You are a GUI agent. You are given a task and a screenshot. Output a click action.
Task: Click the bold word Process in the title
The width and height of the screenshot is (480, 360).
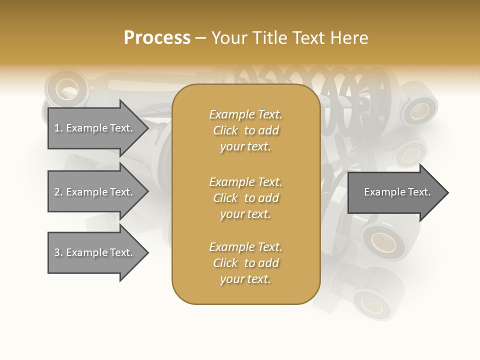(157, 37)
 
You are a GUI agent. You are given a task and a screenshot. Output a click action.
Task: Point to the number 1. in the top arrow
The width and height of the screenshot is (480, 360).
(58, 128)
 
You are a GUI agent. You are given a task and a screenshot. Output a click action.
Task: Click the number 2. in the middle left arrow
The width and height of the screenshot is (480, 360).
(58, 192)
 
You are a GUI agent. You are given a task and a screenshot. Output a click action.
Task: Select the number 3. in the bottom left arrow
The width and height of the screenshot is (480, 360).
(58, 252)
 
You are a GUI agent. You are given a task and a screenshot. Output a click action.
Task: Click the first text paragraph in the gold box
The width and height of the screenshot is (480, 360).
(245, 130)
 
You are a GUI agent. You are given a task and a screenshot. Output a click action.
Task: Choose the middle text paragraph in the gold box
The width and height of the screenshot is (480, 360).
(245, 197)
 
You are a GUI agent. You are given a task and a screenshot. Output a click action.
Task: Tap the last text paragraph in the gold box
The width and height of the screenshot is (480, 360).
(245, 263)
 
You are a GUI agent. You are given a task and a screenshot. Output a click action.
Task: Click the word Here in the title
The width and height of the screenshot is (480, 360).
(349, 37)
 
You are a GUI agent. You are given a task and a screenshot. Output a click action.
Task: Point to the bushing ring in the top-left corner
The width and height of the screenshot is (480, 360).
(67, 90)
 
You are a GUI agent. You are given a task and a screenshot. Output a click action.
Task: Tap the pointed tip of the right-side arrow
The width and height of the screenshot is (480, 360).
(447, 192)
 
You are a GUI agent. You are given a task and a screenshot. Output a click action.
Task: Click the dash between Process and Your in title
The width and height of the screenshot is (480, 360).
(200, 38)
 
